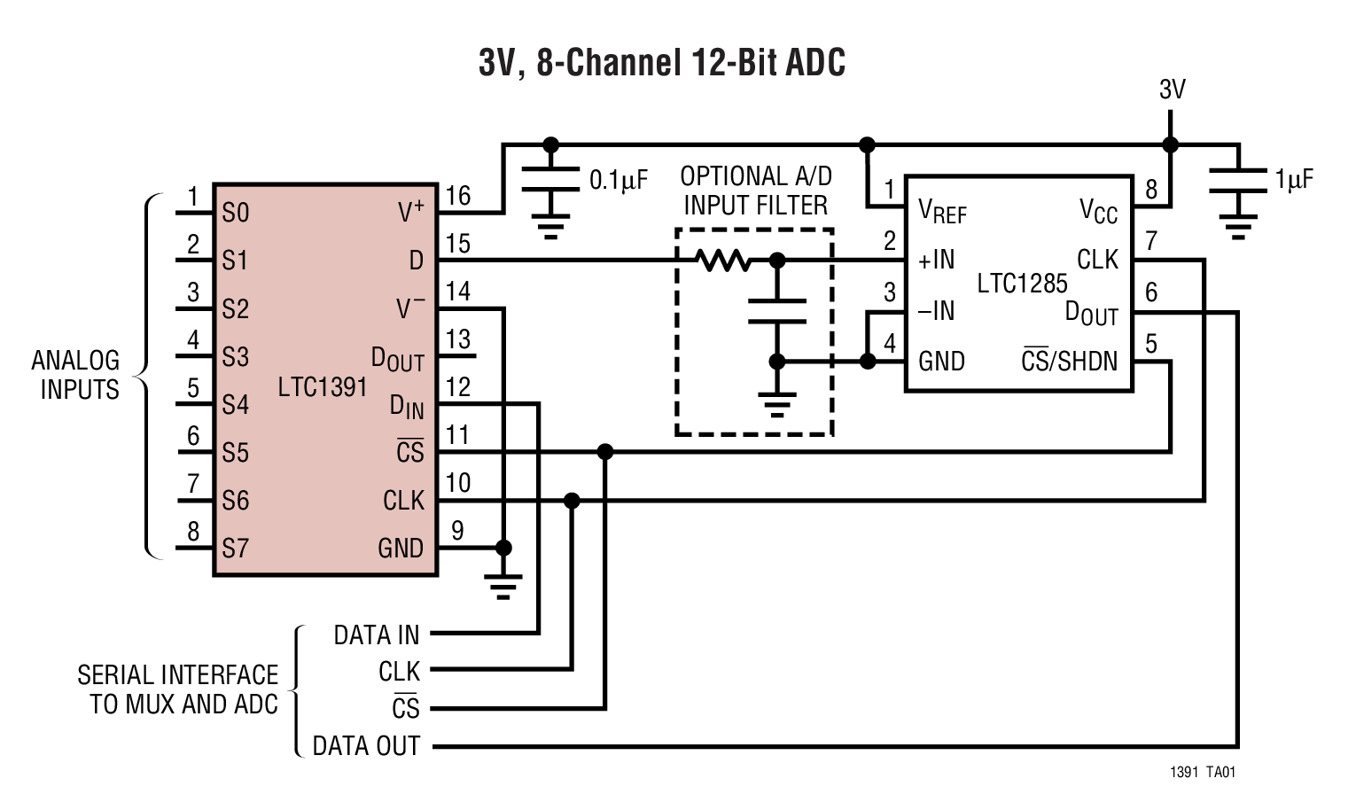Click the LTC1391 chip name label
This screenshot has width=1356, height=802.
[x=322, y=387]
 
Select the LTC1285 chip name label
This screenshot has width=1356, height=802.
[x=1022, y=284]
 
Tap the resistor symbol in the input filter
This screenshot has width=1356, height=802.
[x=723, y=261]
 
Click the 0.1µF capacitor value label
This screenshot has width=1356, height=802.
[x=619, y=181]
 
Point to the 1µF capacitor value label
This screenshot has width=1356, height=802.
[x=1294, y=180]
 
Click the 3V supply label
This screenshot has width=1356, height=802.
[x=1172, y=90]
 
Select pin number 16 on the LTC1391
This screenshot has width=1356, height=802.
[x=457, y=196]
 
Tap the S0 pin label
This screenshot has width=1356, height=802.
[x=236, y=213]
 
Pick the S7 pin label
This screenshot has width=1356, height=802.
[x=236, y=549]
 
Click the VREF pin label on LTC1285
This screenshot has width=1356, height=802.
[x=942, y=212]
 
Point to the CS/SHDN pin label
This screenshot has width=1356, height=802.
[x=1069, y=361]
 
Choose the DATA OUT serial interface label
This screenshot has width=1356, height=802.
[x=366, y=746]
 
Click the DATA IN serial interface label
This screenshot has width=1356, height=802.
[x=376, y=635]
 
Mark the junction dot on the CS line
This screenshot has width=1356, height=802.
[x=605, y=452]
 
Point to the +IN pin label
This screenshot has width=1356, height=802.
[x=936, y=261]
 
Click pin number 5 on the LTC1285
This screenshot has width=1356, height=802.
[x=1150, y=344]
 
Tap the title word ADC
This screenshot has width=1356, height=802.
[x=815, y=63]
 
